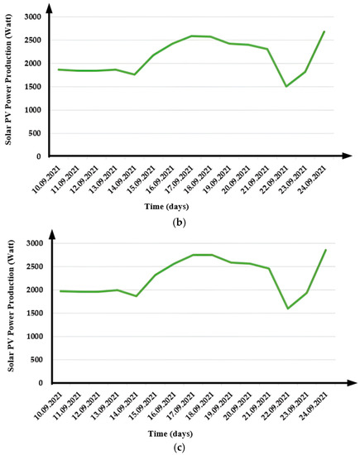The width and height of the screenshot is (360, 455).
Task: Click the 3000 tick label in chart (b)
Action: coord(32,17)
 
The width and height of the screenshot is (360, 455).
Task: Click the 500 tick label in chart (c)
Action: coord(35,360)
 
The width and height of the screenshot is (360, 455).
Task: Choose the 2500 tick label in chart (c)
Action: coord(32,266)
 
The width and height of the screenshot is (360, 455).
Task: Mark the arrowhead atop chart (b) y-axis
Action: coord(48,8)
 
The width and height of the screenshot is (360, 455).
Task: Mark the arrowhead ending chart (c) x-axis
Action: coord(342,383)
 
